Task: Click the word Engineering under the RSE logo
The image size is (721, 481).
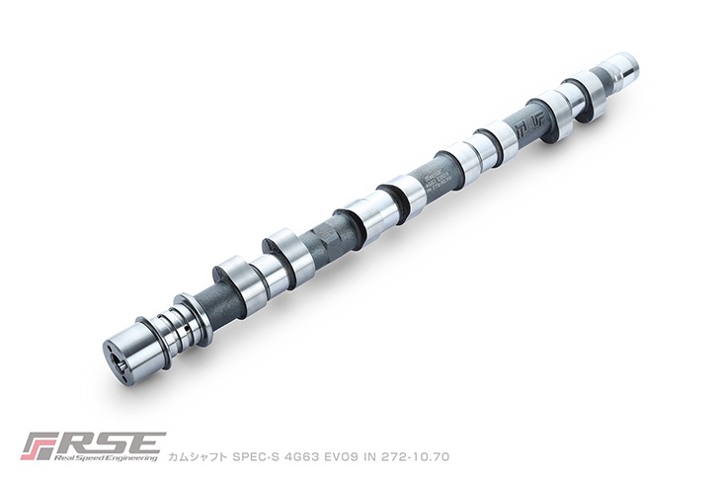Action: [137, 459]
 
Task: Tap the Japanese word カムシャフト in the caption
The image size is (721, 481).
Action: [199, 457]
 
